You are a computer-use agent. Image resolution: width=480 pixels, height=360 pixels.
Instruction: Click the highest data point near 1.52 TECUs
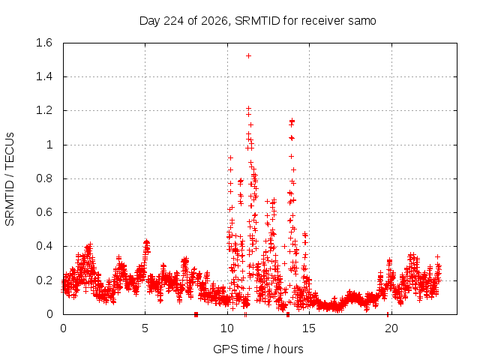(x=248, y=55)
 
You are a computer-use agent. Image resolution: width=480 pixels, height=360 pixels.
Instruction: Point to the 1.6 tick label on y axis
(x=44, y=43)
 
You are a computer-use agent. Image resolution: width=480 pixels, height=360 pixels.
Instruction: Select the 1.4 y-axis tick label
(x=44, y=76)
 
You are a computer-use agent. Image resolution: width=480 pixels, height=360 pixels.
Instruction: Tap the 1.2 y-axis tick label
(x=44, y=110)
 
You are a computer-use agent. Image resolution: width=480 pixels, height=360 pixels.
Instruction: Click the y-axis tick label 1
(x=49, y=145)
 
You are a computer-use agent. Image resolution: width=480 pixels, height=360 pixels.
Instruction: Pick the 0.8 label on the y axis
(x=44, y=178)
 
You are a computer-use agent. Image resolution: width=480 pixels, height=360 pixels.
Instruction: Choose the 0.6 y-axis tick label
(x=44, y=212)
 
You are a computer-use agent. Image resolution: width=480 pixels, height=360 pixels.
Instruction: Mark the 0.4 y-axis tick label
(x=44, y=246)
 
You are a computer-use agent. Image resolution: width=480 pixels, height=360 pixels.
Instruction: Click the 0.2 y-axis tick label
(x=44, y=280)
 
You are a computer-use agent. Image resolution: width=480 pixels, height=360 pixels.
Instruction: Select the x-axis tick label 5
(x=145, y=328)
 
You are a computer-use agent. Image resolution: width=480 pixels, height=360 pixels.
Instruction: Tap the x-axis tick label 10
(x=227, y=328)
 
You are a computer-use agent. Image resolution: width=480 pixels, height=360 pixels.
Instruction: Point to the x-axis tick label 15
(x=309, y=328)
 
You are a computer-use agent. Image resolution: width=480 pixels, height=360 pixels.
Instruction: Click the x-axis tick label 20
(x=391, y=328)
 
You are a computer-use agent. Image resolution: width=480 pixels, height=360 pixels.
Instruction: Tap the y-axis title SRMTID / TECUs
(x=10, y=179)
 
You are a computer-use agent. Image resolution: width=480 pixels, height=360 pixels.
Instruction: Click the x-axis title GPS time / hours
(x=258, y=349)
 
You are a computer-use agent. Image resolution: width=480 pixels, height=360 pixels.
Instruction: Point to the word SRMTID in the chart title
(x=257, y=21)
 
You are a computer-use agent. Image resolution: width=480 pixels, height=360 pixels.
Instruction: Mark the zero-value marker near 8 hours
(x=196, y=314)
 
